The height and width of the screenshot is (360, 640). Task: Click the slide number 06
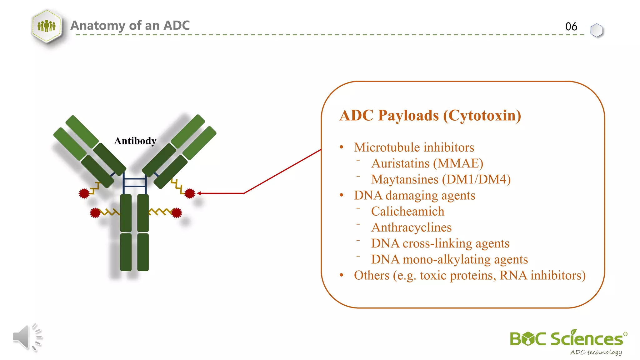[571, 27]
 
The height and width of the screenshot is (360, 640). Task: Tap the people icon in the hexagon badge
[47, 26]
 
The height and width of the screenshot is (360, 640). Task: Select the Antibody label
[135, 141]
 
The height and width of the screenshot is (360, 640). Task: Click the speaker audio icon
[27, 337]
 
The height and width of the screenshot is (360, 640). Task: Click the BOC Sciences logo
[567, 339]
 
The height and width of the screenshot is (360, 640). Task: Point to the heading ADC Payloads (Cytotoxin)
[430, 115]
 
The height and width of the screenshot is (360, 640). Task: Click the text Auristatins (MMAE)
[427, 163]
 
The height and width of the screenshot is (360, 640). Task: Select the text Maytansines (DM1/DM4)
[441, 179]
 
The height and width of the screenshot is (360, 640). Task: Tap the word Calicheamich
[407, 212]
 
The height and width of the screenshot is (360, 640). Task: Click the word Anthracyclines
[411, 227]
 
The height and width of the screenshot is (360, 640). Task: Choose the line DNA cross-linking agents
[440, 243]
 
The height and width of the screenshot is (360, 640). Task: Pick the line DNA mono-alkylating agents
[449, 259]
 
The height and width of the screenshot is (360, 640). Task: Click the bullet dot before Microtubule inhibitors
[342, 147]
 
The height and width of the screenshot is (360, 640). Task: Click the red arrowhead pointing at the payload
[199, 193]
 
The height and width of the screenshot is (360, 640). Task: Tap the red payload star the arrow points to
[190, 193]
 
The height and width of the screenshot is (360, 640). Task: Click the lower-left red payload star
[95, 213]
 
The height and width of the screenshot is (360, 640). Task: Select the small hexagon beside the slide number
[597, 30]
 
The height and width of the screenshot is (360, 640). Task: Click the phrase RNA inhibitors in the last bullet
[542, 275]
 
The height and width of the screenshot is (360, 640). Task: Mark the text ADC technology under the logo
[596, 352]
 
